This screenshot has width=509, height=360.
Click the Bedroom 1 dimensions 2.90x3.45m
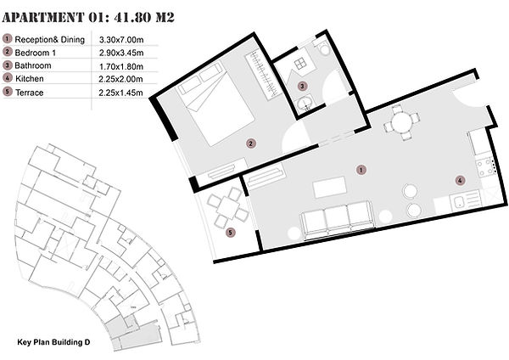[x=121, y=53]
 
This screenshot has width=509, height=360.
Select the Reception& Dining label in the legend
[x=50, y=40]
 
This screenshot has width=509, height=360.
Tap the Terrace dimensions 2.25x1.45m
[x=120, y=93]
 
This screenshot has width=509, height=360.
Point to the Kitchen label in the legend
[x=29, y=79]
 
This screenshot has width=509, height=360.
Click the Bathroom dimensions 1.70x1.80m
[x=121, y=66]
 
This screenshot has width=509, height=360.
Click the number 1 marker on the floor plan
[x=361, y=170]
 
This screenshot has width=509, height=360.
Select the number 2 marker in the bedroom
[x=250, y=143]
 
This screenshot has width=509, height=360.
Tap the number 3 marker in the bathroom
[x=302, y=86]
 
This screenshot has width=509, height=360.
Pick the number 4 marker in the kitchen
[x=460, y=180]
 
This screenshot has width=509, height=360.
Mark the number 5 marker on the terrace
[x=230, y=233]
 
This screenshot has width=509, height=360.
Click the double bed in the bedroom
[x=215, y=104]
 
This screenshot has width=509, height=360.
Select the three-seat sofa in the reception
[x=338, y=220]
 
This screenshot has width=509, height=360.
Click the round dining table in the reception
[x=402, y=122]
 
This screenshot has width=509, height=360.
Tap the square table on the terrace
[x=228, y=208]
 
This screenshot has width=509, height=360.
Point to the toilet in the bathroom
[x=322, y=47]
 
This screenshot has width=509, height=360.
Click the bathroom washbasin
[x=305, y=103]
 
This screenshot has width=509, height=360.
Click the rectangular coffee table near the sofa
[x=329, y=187]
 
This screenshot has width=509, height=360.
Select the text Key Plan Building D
[x=53, y=342]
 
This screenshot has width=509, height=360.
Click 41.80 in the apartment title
[x=133, y=17]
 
